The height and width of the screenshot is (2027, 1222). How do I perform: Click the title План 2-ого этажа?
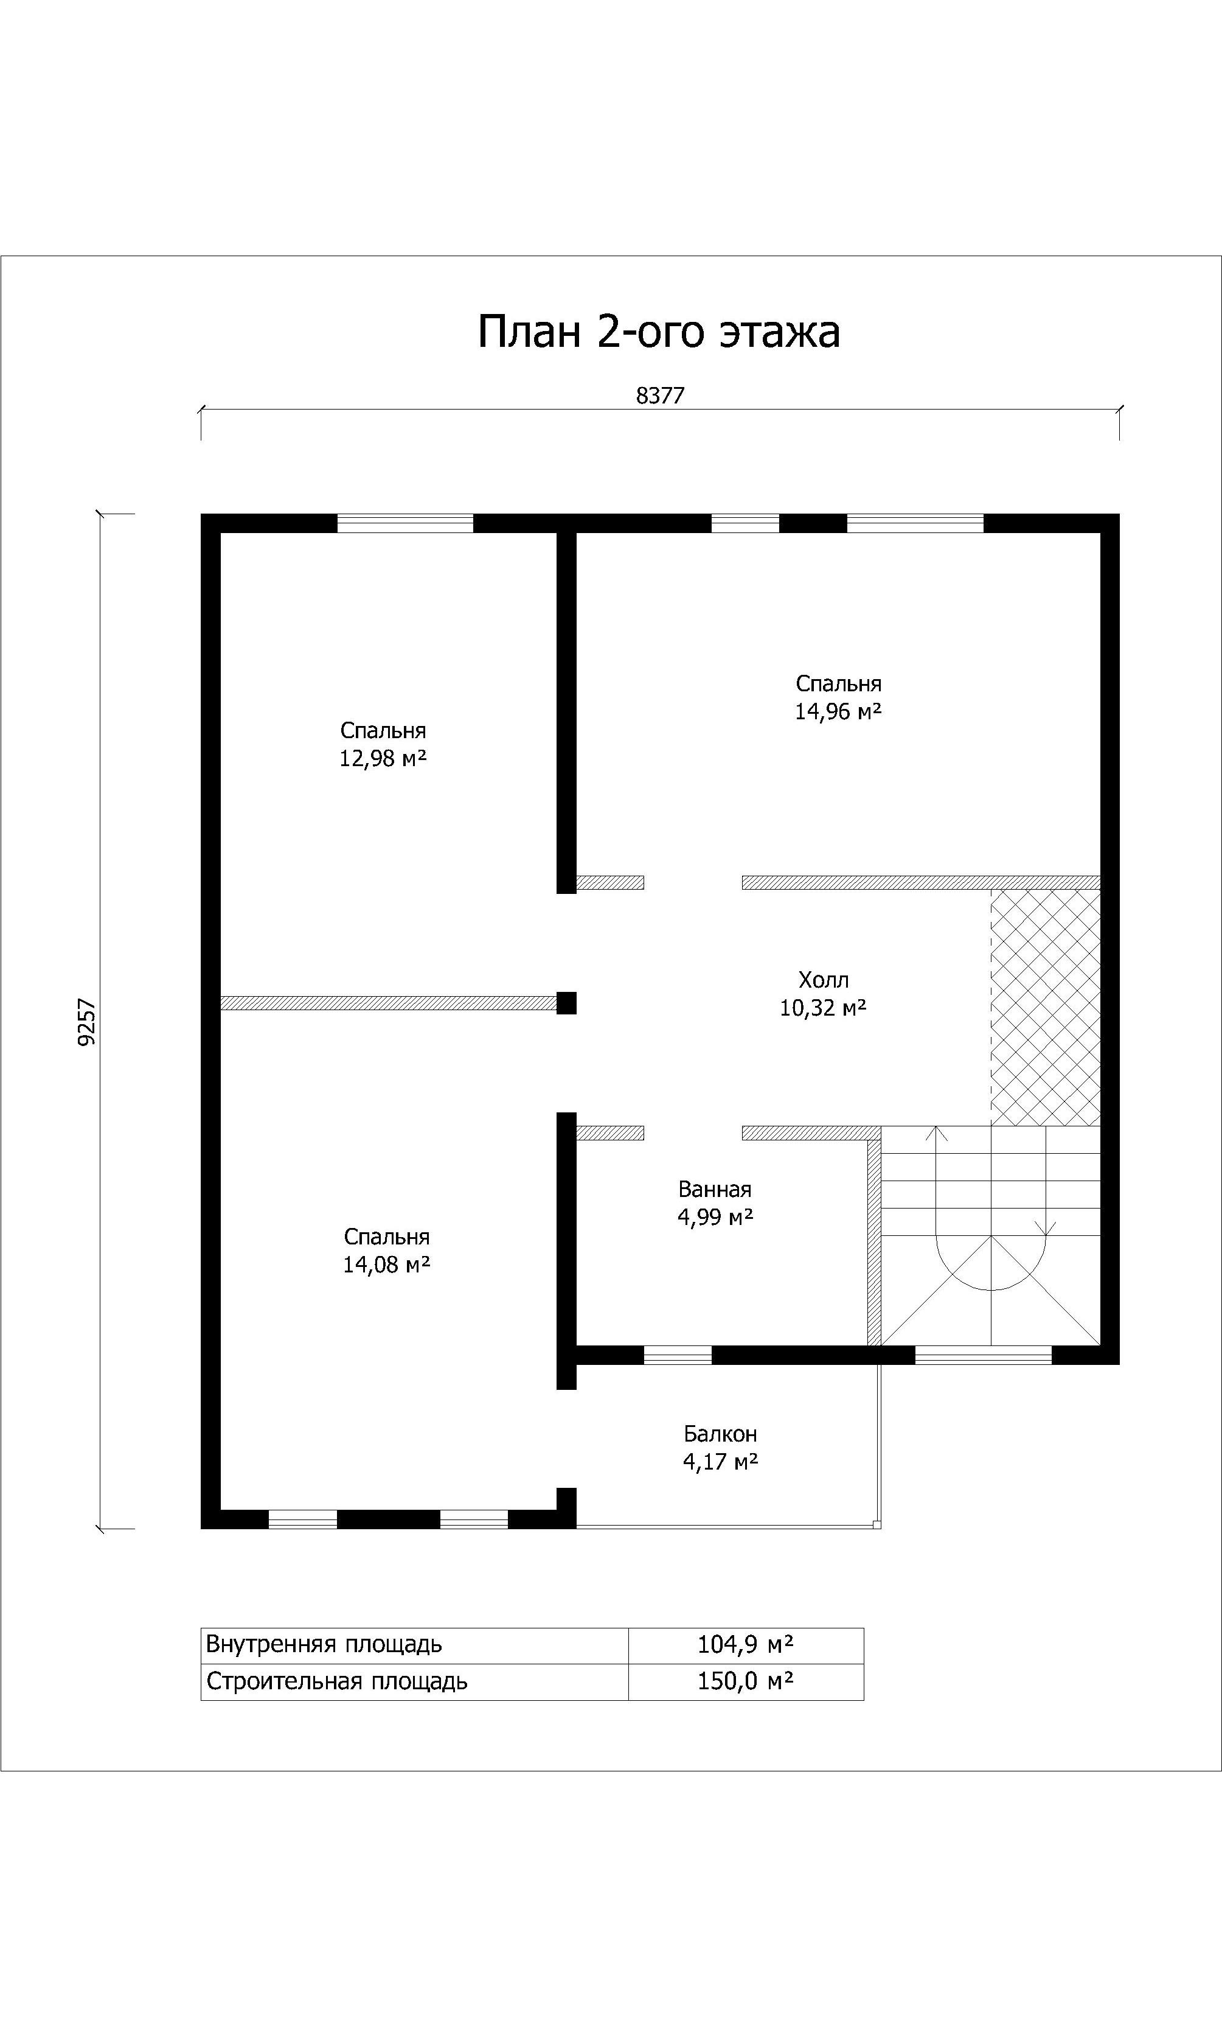659,332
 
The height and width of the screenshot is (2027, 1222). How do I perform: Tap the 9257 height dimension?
87,1022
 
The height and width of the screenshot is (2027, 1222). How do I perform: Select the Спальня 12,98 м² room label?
383,744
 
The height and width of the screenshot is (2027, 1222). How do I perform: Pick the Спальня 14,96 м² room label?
839,697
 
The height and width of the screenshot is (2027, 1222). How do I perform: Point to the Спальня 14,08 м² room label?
386,1251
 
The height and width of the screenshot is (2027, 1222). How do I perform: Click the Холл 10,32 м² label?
823,994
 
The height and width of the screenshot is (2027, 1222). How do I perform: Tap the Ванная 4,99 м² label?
715,1202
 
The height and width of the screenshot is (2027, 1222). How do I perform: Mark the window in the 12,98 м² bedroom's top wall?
406,523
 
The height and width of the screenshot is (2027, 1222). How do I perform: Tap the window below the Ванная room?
678,1355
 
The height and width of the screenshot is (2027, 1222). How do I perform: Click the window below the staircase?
984,1355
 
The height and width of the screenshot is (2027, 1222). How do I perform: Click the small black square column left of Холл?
566,1003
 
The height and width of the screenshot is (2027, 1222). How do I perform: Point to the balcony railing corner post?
877,1524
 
